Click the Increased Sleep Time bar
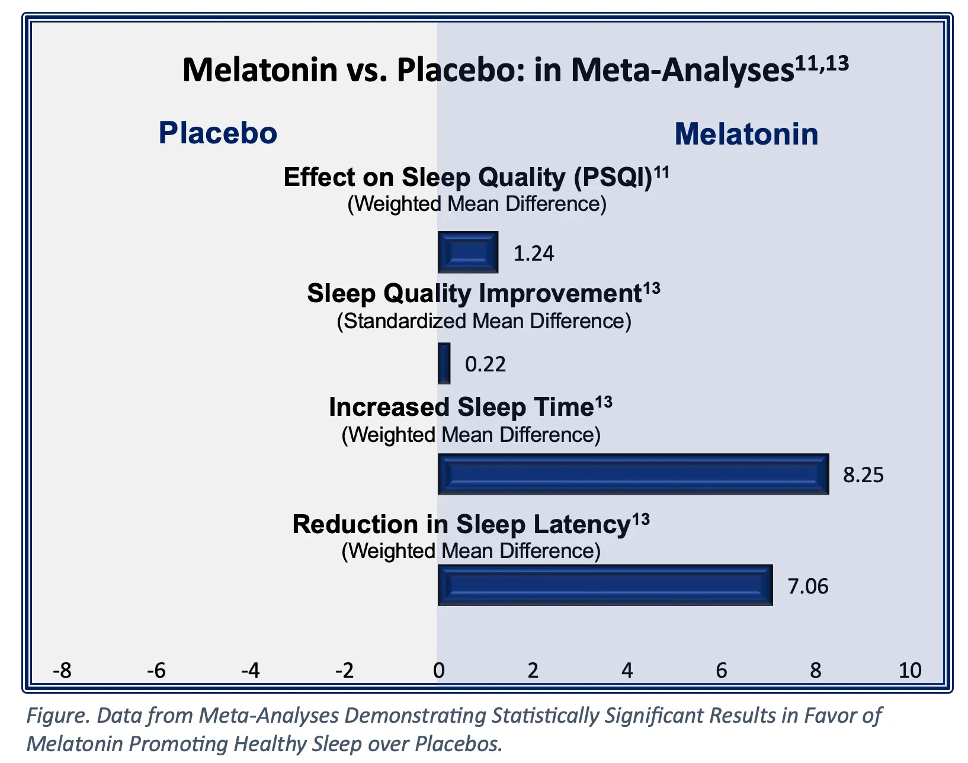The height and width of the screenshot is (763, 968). click(633, 474)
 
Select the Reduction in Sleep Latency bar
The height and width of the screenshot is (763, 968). click(605, 585)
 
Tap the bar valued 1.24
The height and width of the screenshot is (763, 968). click(467, 252)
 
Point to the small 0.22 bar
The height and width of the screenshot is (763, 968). click(444, 363)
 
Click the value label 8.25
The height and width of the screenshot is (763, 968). click(863, 475)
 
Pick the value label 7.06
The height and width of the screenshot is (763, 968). click(807, 586)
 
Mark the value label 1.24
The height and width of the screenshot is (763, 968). click(533, 254)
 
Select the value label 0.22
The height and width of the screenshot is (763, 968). click(485, 364)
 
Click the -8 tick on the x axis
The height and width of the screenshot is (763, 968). click(62, 671)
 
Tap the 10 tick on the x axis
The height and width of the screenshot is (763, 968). click(909, 671)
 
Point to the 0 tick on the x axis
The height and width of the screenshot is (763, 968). click(438, 671)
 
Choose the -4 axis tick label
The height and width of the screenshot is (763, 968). click(250, 671)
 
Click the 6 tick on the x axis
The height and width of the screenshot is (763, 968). click(721, 671)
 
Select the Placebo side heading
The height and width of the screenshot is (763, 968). click(217, 133)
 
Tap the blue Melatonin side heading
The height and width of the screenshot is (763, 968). click(746, 134)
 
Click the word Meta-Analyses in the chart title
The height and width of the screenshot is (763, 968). click(682, 70)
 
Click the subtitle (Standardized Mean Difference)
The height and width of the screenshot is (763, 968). click(484, 321)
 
